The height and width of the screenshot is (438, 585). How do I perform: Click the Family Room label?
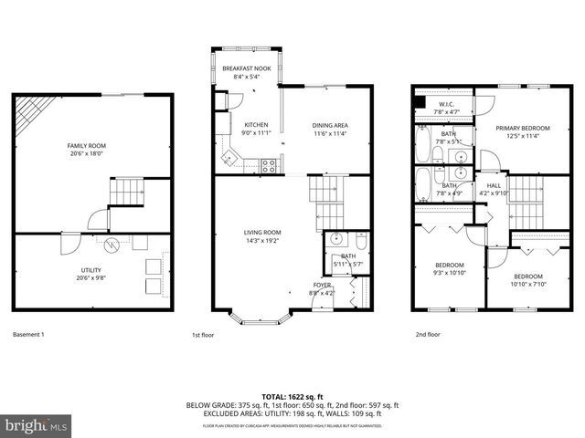[x=86, y=146]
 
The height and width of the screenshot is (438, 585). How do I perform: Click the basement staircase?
[x=127, y=193]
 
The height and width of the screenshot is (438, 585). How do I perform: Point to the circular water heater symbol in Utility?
[x=112, y=245]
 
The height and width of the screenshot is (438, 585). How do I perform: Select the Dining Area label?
[x=330, y=125]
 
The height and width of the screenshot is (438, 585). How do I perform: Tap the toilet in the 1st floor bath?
[x=359, y=242]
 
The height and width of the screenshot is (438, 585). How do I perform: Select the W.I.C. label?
[x=447, y=103]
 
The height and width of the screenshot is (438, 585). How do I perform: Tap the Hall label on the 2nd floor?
[x=494, y=184]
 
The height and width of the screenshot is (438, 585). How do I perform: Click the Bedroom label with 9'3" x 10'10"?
[x=448, y=266]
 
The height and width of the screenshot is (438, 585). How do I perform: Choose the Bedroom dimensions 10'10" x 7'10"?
[x=527, y=284]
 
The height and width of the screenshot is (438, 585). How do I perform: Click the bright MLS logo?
[x=37, y=425]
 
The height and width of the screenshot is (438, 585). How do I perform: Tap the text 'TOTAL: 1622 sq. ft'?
[x=292, y=397]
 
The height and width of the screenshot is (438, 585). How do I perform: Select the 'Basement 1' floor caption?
[x=28, y=334]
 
